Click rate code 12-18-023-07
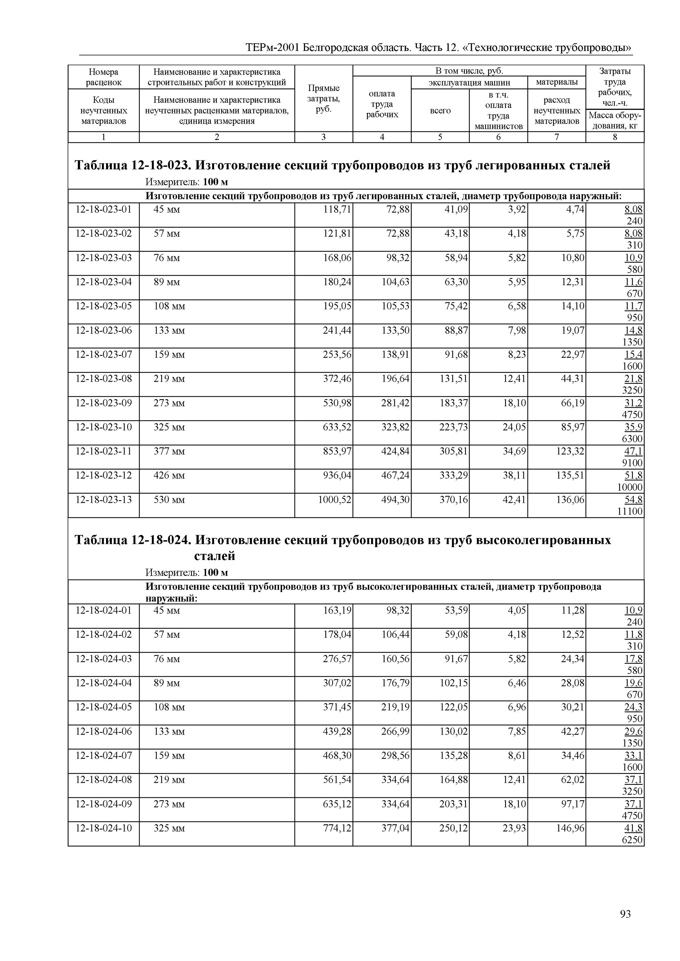pos(104,355)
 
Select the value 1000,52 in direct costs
pos(335,500)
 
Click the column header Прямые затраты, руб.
pos(323,98)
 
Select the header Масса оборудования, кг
pos(615,120)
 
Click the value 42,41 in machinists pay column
pos(514,500)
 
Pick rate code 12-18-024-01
pos(104,610)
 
